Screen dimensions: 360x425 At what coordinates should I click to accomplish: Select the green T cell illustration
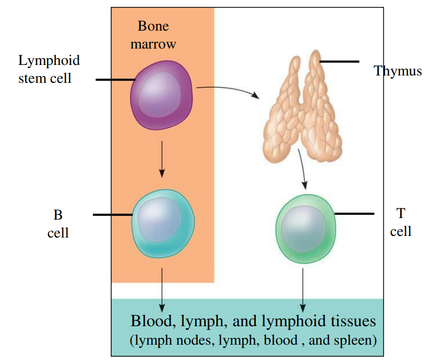pyautogui.click(x=306, y=228)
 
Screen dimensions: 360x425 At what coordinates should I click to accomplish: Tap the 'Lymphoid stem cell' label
pyautogui.click(x=50, y=69)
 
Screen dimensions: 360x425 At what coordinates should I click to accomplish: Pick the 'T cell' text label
pyautogui.click(x=401, y=222)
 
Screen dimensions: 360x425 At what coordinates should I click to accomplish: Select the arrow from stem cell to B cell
pyautogui.click(x=162, y=158)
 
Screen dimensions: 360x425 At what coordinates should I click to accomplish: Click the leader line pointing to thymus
pyautogui.click(x=339, y=62)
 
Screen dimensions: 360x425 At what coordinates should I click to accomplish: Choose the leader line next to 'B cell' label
pyautogui.click(x=112, y=215)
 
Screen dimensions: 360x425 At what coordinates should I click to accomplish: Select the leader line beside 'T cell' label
pyautogui.click(x=354, y=214)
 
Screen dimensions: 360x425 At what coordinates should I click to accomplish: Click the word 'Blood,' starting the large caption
pyautogui.click(x=151, y=321)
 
